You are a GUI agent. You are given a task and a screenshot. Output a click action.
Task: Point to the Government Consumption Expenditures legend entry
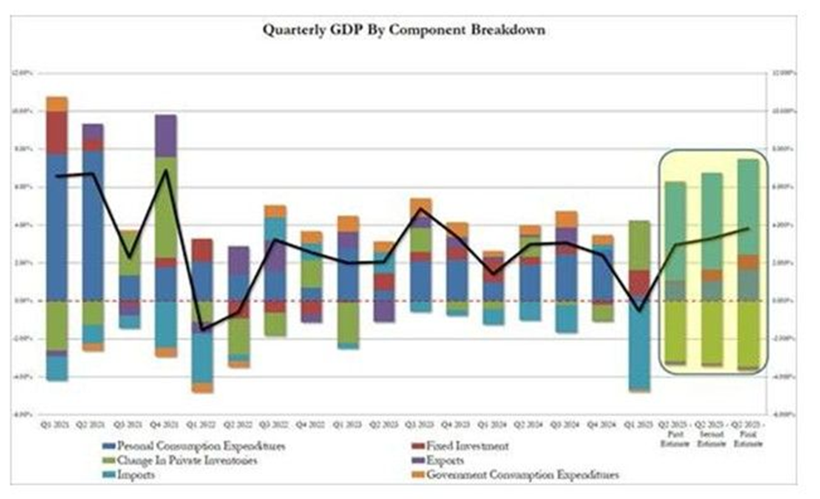point(515,475)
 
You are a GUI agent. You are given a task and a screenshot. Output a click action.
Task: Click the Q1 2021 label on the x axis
point(58,424)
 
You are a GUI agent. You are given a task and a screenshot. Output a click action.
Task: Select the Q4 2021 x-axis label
point(166,424)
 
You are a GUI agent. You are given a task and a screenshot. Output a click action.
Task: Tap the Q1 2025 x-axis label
point(639,424)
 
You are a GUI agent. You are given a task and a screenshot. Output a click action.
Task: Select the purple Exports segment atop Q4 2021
point(166,135)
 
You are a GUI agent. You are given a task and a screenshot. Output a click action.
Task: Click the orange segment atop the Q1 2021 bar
point(58,104)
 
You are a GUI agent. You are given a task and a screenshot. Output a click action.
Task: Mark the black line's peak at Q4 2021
point(166,170)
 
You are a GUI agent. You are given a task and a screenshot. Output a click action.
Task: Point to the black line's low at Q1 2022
point(202,330)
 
